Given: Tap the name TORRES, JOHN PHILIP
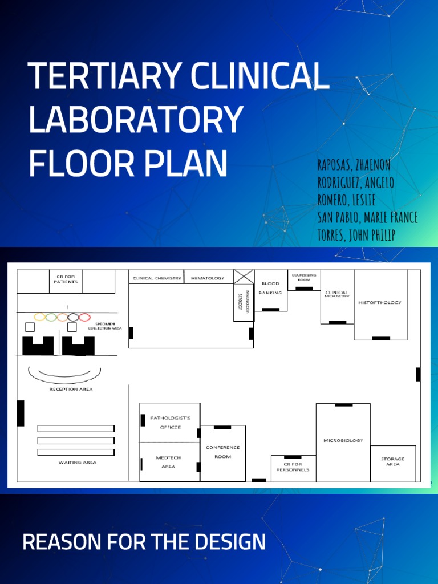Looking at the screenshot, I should tap(356, 235).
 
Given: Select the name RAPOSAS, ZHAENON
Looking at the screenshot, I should tap(354, 165).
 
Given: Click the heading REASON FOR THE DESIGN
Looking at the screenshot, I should tap(144, 541).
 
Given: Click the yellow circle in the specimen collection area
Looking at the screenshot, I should tap(40, 317).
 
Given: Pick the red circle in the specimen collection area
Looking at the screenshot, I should tap(84, 317).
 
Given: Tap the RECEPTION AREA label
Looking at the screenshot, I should tap(71, 390).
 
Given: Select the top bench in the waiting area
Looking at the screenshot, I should tap(76, 428).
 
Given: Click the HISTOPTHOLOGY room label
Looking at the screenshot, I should tap(380, 302).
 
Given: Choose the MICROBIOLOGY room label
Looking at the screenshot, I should tap(343, 440).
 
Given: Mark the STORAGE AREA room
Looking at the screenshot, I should tap(392, 462).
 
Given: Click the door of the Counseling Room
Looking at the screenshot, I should tap(304, 289).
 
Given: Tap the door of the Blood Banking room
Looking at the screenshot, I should tap(270, 310).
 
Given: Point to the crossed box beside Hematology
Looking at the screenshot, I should tap(244, 277).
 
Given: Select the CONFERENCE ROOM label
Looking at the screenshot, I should tap(222, 452).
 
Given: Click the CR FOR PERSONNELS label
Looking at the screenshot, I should tap(293, 467).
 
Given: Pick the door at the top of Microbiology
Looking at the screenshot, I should tap(343, 405).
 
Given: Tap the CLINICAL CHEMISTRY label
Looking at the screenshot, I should tap(157, 278).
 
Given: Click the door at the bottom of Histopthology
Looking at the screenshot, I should tap(380, 338).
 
